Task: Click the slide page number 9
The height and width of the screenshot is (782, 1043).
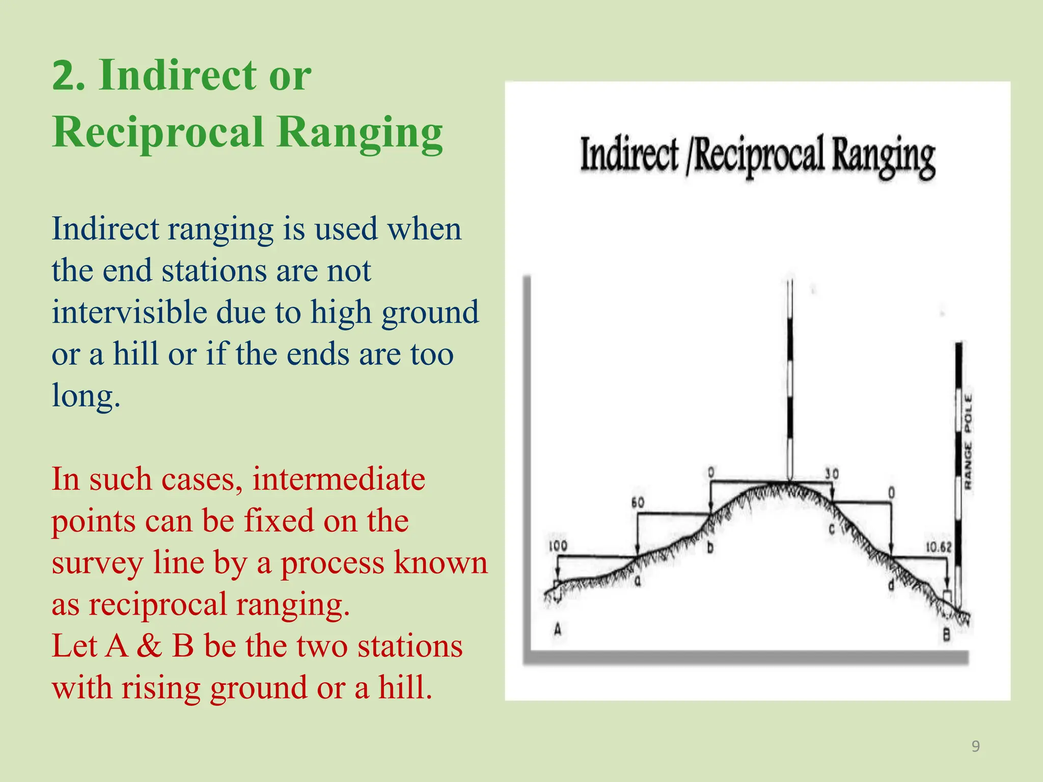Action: (975, 746)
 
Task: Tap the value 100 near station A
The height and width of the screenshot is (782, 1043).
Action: (558, 546)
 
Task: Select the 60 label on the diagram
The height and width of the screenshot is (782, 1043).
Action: (638, 502)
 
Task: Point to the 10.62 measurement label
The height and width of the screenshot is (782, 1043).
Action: (938, 547)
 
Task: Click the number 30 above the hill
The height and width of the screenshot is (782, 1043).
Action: (832, 474)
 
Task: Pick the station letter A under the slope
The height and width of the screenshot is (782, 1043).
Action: (558, 630)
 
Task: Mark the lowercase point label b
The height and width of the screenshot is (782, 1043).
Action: (710, 548)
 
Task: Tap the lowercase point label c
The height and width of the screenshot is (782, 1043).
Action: (831, 529)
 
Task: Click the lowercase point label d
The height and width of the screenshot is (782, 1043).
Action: (891, 585)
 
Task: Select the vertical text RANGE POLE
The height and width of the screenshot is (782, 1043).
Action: (968, 441)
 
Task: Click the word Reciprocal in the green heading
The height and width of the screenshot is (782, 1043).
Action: (158, 132)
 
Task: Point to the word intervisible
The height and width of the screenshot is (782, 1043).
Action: (129, 312)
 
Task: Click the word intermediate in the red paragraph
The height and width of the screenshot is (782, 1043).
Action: (339, 479)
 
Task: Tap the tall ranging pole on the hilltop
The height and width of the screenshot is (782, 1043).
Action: (790, 382)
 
